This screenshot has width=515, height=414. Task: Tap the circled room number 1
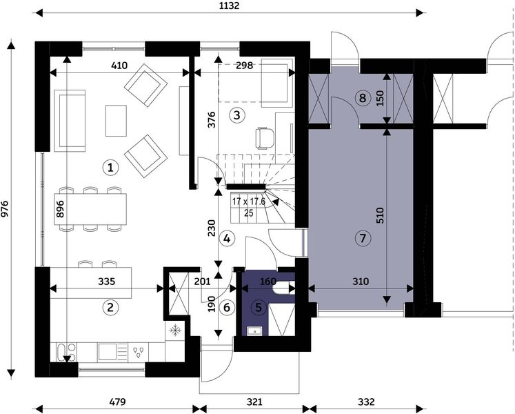110,168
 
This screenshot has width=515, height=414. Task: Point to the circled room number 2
110,308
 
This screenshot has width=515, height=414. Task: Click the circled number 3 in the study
236,115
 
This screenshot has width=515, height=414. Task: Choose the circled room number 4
227,239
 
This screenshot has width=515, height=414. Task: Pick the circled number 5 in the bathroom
259,308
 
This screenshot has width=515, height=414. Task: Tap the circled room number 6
227,308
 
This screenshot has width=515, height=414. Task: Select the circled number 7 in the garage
363,238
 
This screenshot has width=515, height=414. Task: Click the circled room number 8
363,98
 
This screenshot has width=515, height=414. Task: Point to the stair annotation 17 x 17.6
249,201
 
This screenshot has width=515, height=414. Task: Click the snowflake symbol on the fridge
176,330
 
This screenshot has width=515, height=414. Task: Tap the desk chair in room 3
265,138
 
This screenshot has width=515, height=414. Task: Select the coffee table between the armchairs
116,121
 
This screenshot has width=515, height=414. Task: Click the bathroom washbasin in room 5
254,331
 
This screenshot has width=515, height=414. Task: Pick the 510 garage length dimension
380,215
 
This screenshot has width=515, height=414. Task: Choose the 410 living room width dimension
119,66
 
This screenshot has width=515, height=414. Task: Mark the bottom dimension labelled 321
254,402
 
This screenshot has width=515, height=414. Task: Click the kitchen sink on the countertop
108,352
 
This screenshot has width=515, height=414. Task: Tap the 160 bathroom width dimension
268,282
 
